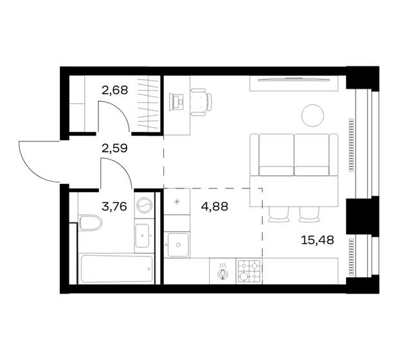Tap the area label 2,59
tap(115, 148)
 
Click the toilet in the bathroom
tap(90, 224)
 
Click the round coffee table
tap(313, 115)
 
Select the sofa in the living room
tap(293, 155)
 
